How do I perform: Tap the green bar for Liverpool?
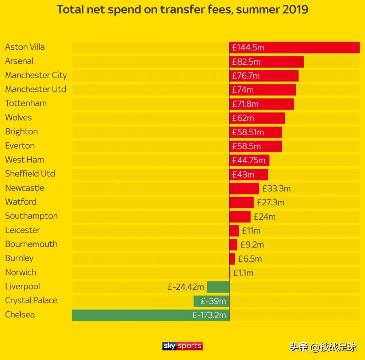pyautogui.click(x=218, y=287)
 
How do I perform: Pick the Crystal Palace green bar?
pyautogui.click(x=211, y=301)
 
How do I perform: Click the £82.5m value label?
pyautogui.click(x=246, y=62)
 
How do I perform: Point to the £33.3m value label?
pyautogui.click(x=276, y=189)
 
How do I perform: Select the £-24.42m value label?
pyautogui.click(x=186, y=287)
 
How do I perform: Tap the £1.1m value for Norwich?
pyautogui.click(x=243, y=273)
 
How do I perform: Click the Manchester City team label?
pyautogui.click(x=36, y=75)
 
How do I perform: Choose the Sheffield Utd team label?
pyautogui.click(x=30, y=174)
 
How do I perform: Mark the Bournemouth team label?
pyautogui.click(x=31, y=244)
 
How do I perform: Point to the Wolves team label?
pyautogui.click(x=18, y=117)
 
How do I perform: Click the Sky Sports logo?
pyautogui.click(x=182, y=346)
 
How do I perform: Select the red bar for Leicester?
pyautogui.click(x=234, y=231)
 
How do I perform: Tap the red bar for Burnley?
pyautogui.click(x=232, y=259)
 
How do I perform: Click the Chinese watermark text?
pyautogui.click(x=323, y=346)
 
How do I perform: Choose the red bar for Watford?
pyautogui.click(x=241, y=202)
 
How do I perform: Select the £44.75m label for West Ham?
pyautogui.click(x=249, y=160)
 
